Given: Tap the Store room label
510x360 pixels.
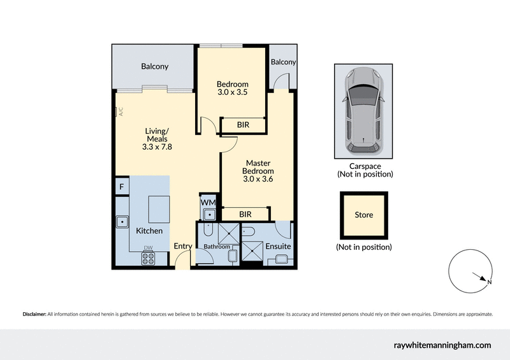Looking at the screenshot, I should pyautogui.click(x=363, y=215).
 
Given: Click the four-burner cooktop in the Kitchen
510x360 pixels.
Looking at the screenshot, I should pyautogui.click(x=148, y=259).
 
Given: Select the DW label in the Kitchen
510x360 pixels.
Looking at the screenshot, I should pyautogui.click(x=148, y=248).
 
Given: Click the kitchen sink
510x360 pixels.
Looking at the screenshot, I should pyautogui.click(x=121, y=222).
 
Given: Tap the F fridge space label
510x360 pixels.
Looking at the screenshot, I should pyautogui.click(x=120, y=187).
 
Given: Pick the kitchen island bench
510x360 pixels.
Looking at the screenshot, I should pyautogui.click(x=159, y=208).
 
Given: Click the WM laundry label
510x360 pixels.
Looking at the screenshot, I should pyautogui.click(x=207, y=203).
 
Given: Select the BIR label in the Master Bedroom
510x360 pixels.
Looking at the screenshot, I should pyautogui.click(x=245, y=215).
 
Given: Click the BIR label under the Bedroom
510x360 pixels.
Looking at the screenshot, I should pyautogui.click(x=242, y=125).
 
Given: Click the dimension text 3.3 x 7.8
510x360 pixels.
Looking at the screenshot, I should pyautogui.click(x=156, y=147).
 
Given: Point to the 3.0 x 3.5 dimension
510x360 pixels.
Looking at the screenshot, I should pyautogui.click(x=232, y=92).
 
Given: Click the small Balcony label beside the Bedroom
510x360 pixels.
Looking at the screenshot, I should pyautogui.click(x=283, y=62).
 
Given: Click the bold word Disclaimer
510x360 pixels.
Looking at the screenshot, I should pyautogui.click(x=34, y=314).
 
